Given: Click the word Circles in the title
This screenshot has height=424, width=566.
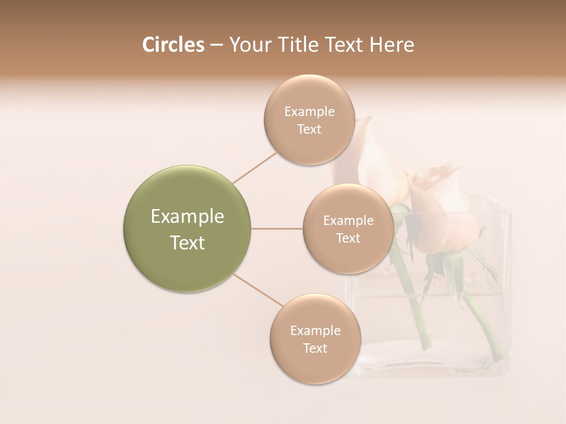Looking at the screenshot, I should (173, 45).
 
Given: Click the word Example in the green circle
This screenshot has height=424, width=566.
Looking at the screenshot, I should (187, 217).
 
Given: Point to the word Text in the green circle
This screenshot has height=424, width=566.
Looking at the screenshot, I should (187, 243).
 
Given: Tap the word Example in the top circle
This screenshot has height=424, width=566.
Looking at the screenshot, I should (309, 112).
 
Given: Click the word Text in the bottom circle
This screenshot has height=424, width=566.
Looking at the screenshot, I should (315, 348).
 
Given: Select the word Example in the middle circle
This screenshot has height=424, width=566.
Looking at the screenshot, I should (348, 221).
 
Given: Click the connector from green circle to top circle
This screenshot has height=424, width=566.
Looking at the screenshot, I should (255, 167).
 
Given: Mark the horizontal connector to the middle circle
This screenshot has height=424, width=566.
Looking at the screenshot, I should (277, 228).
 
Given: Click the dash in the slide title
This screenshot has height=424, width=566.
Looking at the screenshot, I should (216, 45).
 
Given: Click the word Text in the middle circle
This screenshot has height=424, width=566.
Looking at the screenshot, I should (348, 238).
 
